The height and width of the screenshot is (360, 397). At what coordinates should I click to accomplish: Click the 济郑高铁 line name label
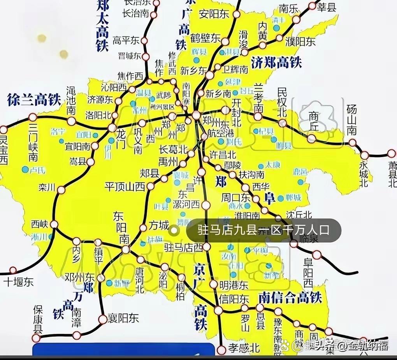[x=277, y=62]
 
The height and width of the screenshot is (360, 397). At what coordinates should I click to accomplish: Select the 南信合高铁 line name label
[x=290, y=298]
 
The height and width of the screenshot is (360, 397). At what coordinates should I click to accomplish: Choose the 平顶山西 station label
[x=125, y=187]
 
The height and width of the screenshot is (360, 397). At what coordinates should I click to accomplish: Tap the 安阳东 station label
[x=214, y=14]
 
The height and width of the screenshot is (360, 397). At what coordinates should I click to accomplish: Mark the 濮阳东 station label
[x=300, y=42]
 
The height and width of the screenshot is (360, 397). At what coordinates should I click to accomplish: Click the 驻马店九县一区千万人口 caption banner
[x=263, y=230]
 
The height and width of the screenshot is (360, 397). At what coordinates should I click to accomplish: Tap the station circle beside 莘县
[x=312, y=6]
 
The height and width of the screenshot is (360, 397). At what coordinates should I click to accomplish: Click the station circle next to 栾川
[x=61, y=190]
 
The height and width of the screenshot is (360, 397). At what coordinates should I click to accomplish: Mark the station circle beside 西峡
[x=54, y=224]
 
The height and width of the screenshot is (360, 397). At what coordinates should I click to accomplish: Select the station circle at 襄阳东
[x=102, y=319]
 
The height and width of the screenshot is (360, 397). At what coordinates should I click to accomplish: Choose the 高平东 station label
[x=126, y=40]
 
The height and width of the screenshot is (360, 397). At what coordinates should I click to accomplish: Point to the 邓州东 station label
[x=80, y=278]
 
